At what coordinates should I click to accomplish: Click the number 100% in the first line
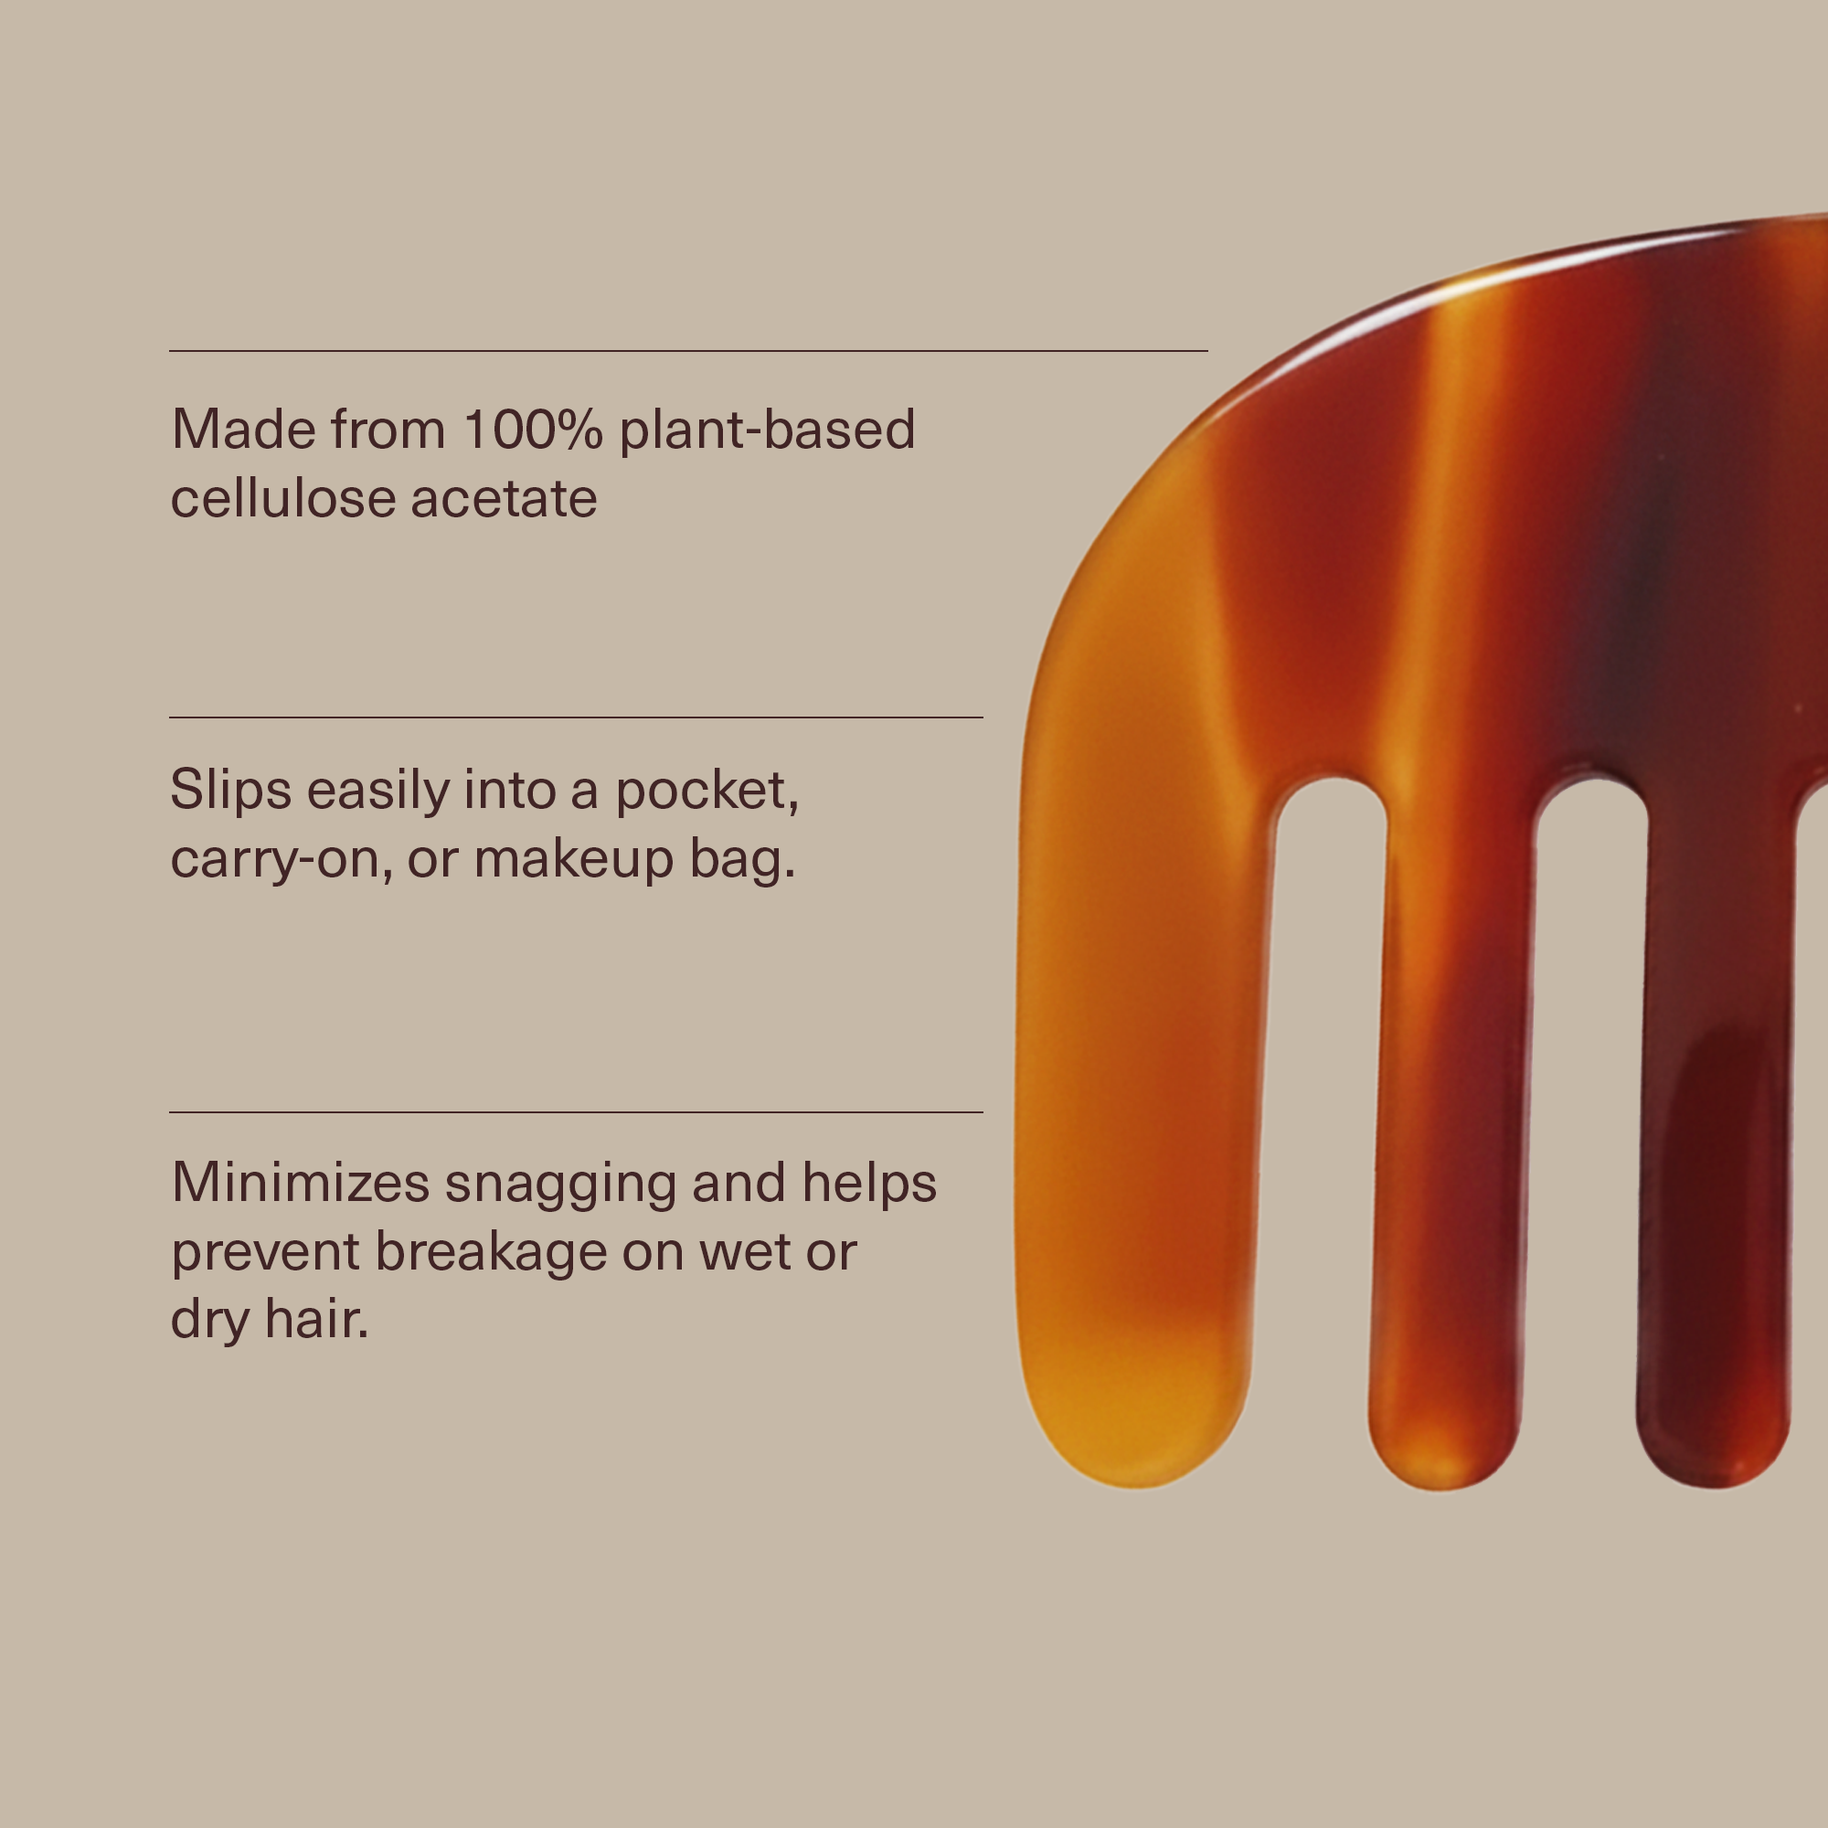533,430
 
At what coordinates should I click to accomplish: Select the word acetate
505,500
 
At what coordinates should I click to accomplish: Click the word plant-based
768,430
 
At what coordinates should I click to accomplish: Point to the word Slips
230,790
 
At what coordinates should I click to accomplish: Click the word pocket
707,792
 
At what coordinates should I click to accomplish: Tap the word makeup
573,859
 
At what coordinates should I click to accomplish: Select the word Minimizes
300,1183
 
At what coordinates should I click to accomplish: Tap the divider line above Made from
688,351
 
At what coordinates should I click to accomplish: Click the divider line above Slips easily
575,717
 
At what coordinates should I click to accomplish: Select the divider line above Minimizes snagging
575,1111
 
